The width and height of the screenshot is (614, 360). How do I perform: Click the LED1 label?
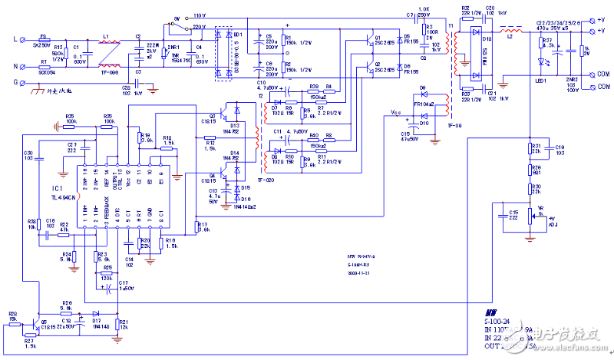[541, 81]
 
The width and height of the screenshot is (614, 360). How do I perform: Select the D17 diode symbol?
[96, 313]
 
